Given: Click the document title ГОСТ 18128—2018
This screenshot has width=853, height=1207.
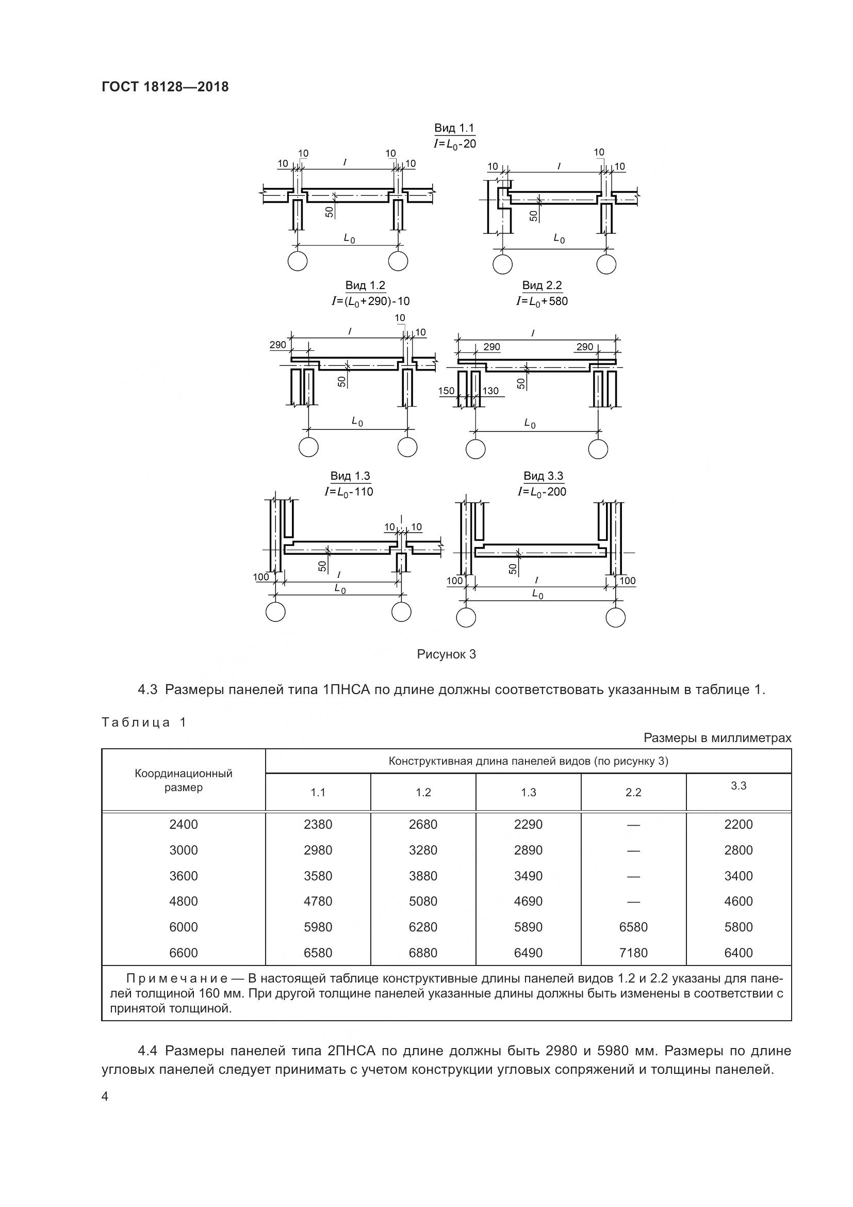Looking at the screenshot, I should pyautogui.click(x=165, y=87).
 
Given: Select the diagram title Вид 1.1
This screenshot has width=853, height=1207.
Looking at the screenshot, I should pyautogui.click(x=454, y=128).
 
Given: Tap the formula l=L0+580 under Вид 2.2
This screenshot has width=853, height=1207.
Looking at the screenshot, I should pyautogui.click(x=542, y=301).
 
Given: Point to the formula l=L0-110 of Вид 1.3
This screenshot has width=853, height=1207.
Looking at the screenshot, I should pyautogui.click(x=349, y=492).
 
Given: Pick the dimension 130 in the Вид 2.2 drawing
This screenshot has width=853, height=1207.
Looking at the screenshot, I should pyautogui.click(x=490, y=391).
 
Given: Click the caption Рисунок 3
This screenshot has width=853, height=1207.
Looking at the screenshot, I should pyautogui.click(x=446, y=654).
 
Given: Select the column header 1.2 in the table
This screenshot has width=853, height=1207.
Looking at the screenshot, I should pyautogui.click(x=423, y=792).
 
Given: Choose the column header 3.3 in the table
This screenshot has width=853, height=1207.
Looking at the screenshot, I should pyautogui.click(x=738, y=785).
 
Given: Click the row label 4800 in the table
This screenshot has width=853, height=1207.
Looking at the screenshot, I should pyautogui.click(x=183, y=901).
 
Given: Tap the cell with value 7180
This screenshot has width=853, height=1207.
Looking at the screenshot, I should pyautogui.click(x=633, y=953).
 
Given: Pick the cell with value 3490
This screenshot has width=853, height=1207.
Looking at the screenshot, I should pyautogui.click(x=528, y=876).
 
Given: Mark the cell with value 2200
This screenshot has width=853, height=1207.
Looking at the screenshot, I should pyautogui.click(x=738, y=824).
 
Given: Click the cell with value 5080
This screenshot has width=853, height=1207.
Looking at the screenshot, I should pyautogui.click(x=423, y=901).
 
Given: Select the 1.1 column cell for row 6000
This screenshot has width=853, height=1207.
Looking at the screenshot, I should pyautogui.click(x=318, y=927).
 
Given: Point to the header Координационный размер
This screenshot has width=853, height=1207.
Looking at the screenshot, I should pyautogui.click(x=183, y=781).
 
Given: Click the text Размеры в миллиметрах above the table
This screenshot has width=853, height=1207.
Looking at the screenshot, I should pyautogui.click(x=717, y=738).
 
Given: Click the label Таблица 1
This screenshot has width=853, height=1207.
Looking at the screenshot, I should pyautogui.click(x=143, y=722).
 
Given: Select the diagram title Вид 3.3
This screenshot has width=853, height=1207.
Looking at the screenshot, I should pyautogui.click(x=543, y=476).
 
